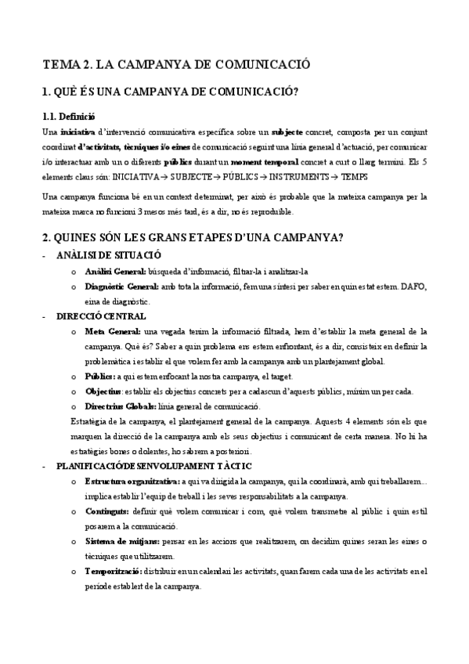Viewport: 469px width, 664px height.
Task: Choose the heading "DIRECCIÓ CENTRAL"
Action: tap(101, 316)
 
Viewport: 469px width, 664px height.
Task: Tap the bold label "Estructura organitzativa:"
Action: tap(132, 482)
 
